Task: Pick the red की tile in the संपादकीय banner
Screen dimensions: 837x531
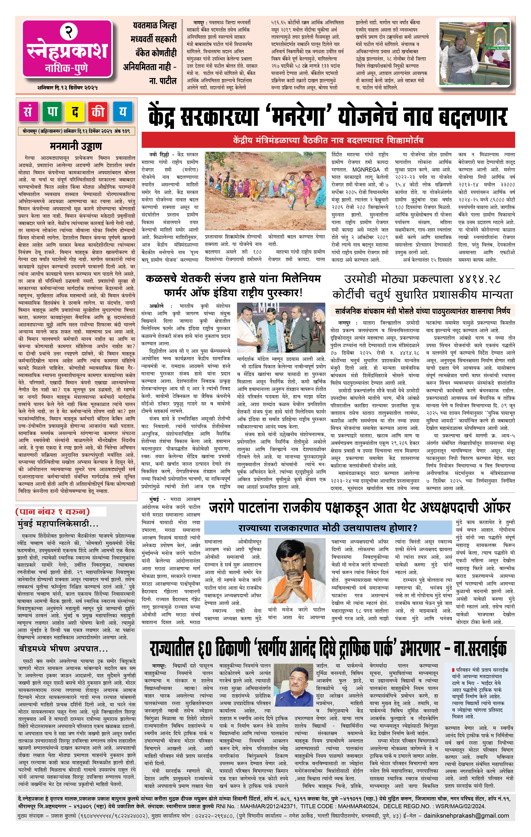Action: [99, 112]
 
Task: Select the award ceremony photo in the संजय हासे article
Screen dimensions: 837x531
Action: [281, 328]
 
